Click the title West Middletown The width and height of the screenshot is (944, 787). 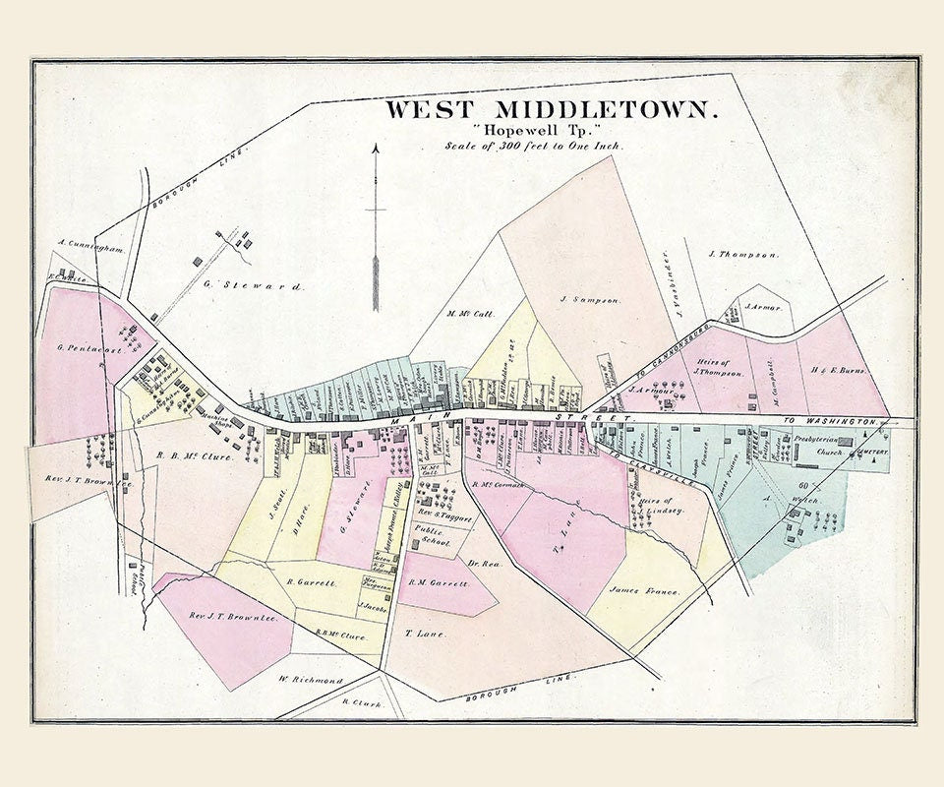point(551,108)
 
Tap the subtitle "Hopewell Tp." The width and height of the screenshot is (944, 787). point(536,130)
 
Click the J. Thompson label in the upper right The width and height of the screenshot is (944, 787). point(743,255)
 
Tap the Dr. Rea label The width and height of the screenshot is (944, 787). point(479,564)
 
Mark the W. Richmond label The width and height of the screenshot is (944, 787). point(311,680)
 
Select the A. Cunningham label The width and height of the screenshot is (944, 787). point(89,249)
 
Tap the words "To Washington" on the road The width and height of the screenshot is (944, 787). point(843,421)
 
